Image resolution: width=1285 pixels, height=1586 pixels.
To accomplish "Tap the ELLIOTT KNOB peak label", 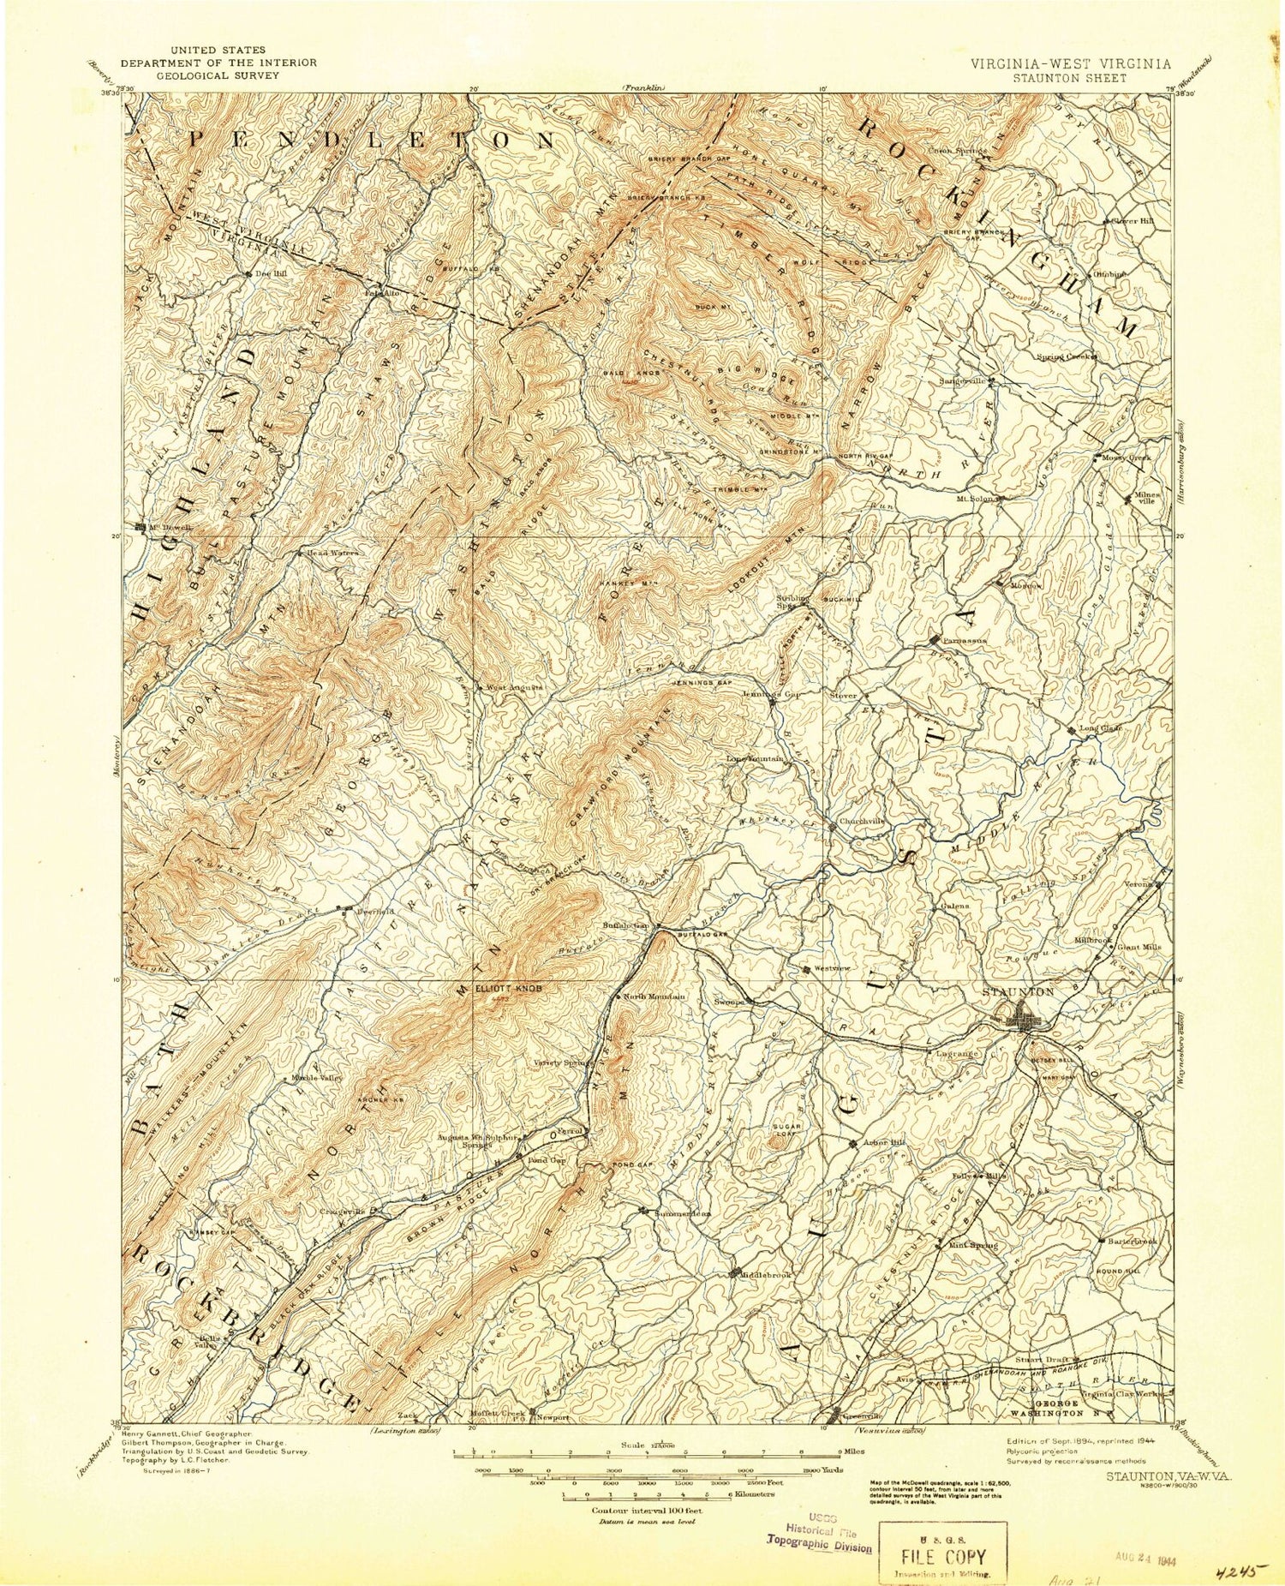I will click(511, 987).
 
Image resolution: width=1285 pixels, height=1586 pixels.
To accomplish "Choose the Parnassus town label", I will click(964, 640).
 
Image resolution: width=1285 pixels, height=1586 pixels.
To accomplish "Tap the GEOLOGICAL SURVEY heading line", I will click(218, 75).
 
